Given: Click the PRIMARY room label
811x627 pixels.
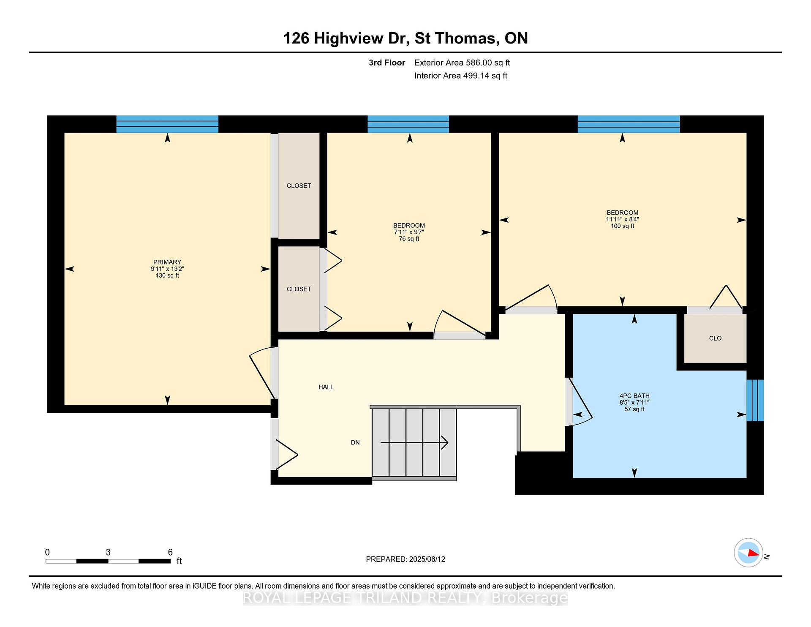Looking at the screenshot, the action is [x=167, y=262].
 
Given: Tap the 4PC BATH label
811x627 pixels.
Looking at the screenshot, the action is [x=634, y=396].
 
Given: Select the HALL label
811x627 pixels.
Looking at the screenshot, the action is [x=326, y=387].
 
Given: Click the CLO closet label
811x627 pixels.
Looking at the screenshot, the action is [x=715, y=338].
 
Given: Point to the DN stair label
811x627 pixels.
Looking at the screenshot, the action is [x=355, y=442].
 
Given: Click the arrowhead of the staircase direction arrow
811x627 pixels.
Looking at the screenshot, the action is [x=445, y=442].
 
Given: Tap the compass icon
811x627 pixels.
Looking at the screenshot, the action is [x=748, y=553].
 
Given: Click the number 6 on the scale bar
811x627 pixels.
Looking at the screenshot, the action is [x=170, y=552].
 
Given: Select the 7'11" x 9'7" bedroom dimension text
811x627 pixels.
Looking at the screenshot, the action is [x=409, y=232].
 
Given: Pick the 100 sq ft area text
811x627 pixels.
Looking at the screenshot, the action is [x=622, y=226].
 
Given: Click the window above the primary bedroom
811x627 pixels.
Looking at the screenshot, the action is [x=167, y=124].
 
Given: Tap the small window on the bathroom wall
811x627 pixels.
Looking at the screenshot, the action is [x=755, y=401].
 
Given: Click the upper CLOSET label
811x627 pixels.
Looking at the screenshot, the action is [x=299, y=186].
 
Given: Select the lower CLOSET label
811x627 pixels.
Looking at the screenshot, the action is [x=299, y=289].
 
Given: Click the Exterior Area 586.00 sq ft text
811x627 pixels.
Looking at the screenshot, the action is [x=462, y=63].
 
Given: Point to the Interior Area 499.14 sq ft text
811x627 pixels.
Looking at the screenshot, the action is [x=461, y=76].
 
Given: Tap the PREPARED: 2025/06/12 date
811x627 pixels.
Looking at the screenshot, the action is [x=405, y=559].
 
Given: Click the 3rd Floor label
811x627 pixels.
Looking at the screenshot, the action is [x=387, y=63].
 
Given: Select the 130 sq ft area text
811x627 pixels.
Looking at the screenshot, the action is [x=167, y=275].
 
